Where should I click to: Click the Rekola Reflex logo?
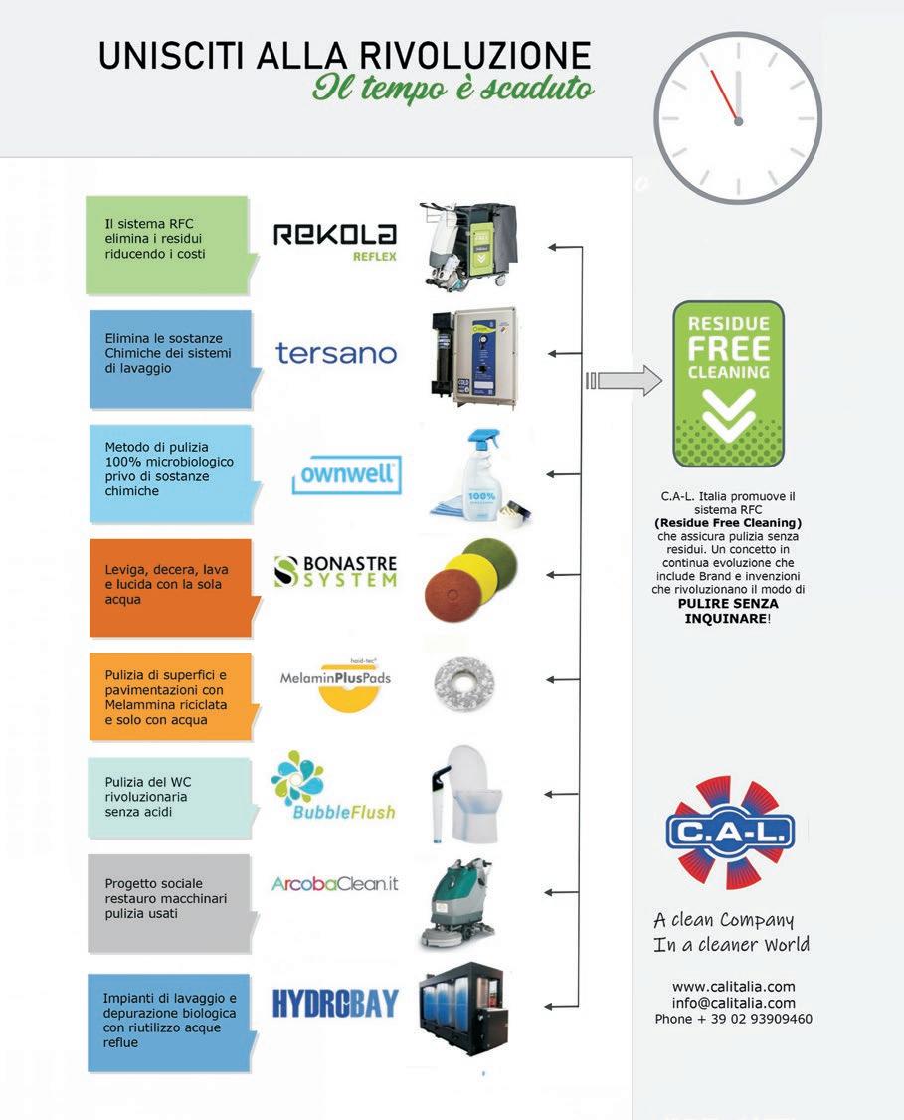[x=335, y=240]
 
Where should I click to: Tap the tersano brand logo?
[x=336, y=353]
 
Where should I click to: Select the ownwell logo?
[x=347, y=475]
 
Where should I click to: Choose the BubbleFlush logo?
[x=333, y=787]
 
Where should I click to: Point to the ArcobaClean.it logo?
[x=334, y=883]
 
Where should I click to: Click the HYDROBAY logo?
[x=335, y=1003]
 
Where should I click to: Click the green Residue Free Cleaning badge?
[x=729, y=384]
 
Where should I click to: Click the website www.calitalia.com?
[x=733, y=986]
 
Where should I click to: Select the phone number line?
[x=733, y=1019]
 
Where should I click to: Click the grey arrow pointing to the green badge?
[x=625, y=380]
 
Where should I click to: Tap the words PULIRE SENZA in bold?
[x=728, y=603]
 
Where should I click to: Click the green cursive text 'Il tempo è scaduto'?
[x=453, y=89]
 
